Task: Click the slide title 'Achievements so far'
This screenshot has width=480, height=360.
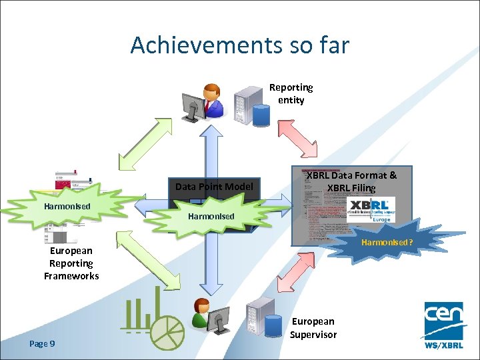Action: pos(239,45)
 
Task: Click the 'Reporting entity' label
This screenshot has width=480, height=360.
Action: pos(291,94)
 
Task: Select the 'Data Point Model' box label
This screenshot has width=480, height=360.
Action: pos(213,187)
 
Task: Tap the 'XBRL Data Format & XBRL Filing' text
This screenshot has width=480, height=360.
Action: pos(351,181)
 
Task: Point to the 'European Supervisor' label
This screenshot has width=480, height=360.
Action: pos(313,328)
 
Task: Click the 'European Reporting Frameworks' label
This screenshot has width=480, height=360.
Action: pos(71,263)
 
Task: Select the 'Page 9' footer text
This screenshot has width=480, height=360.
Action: pos(42,343)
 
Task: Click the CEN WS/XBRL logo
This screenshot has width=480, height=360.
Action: pos(444,325)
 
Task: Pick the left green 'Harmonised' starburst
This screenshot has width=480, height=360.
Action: pos(67,207)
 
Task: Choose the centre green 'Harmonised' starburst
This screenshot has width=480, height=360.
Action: pos(211,216)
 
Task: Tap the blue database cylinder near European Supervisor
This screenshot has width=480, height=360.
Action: pos(272,327)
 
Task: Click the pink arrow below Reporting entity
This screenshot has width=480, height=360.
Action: pos(298,136)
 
